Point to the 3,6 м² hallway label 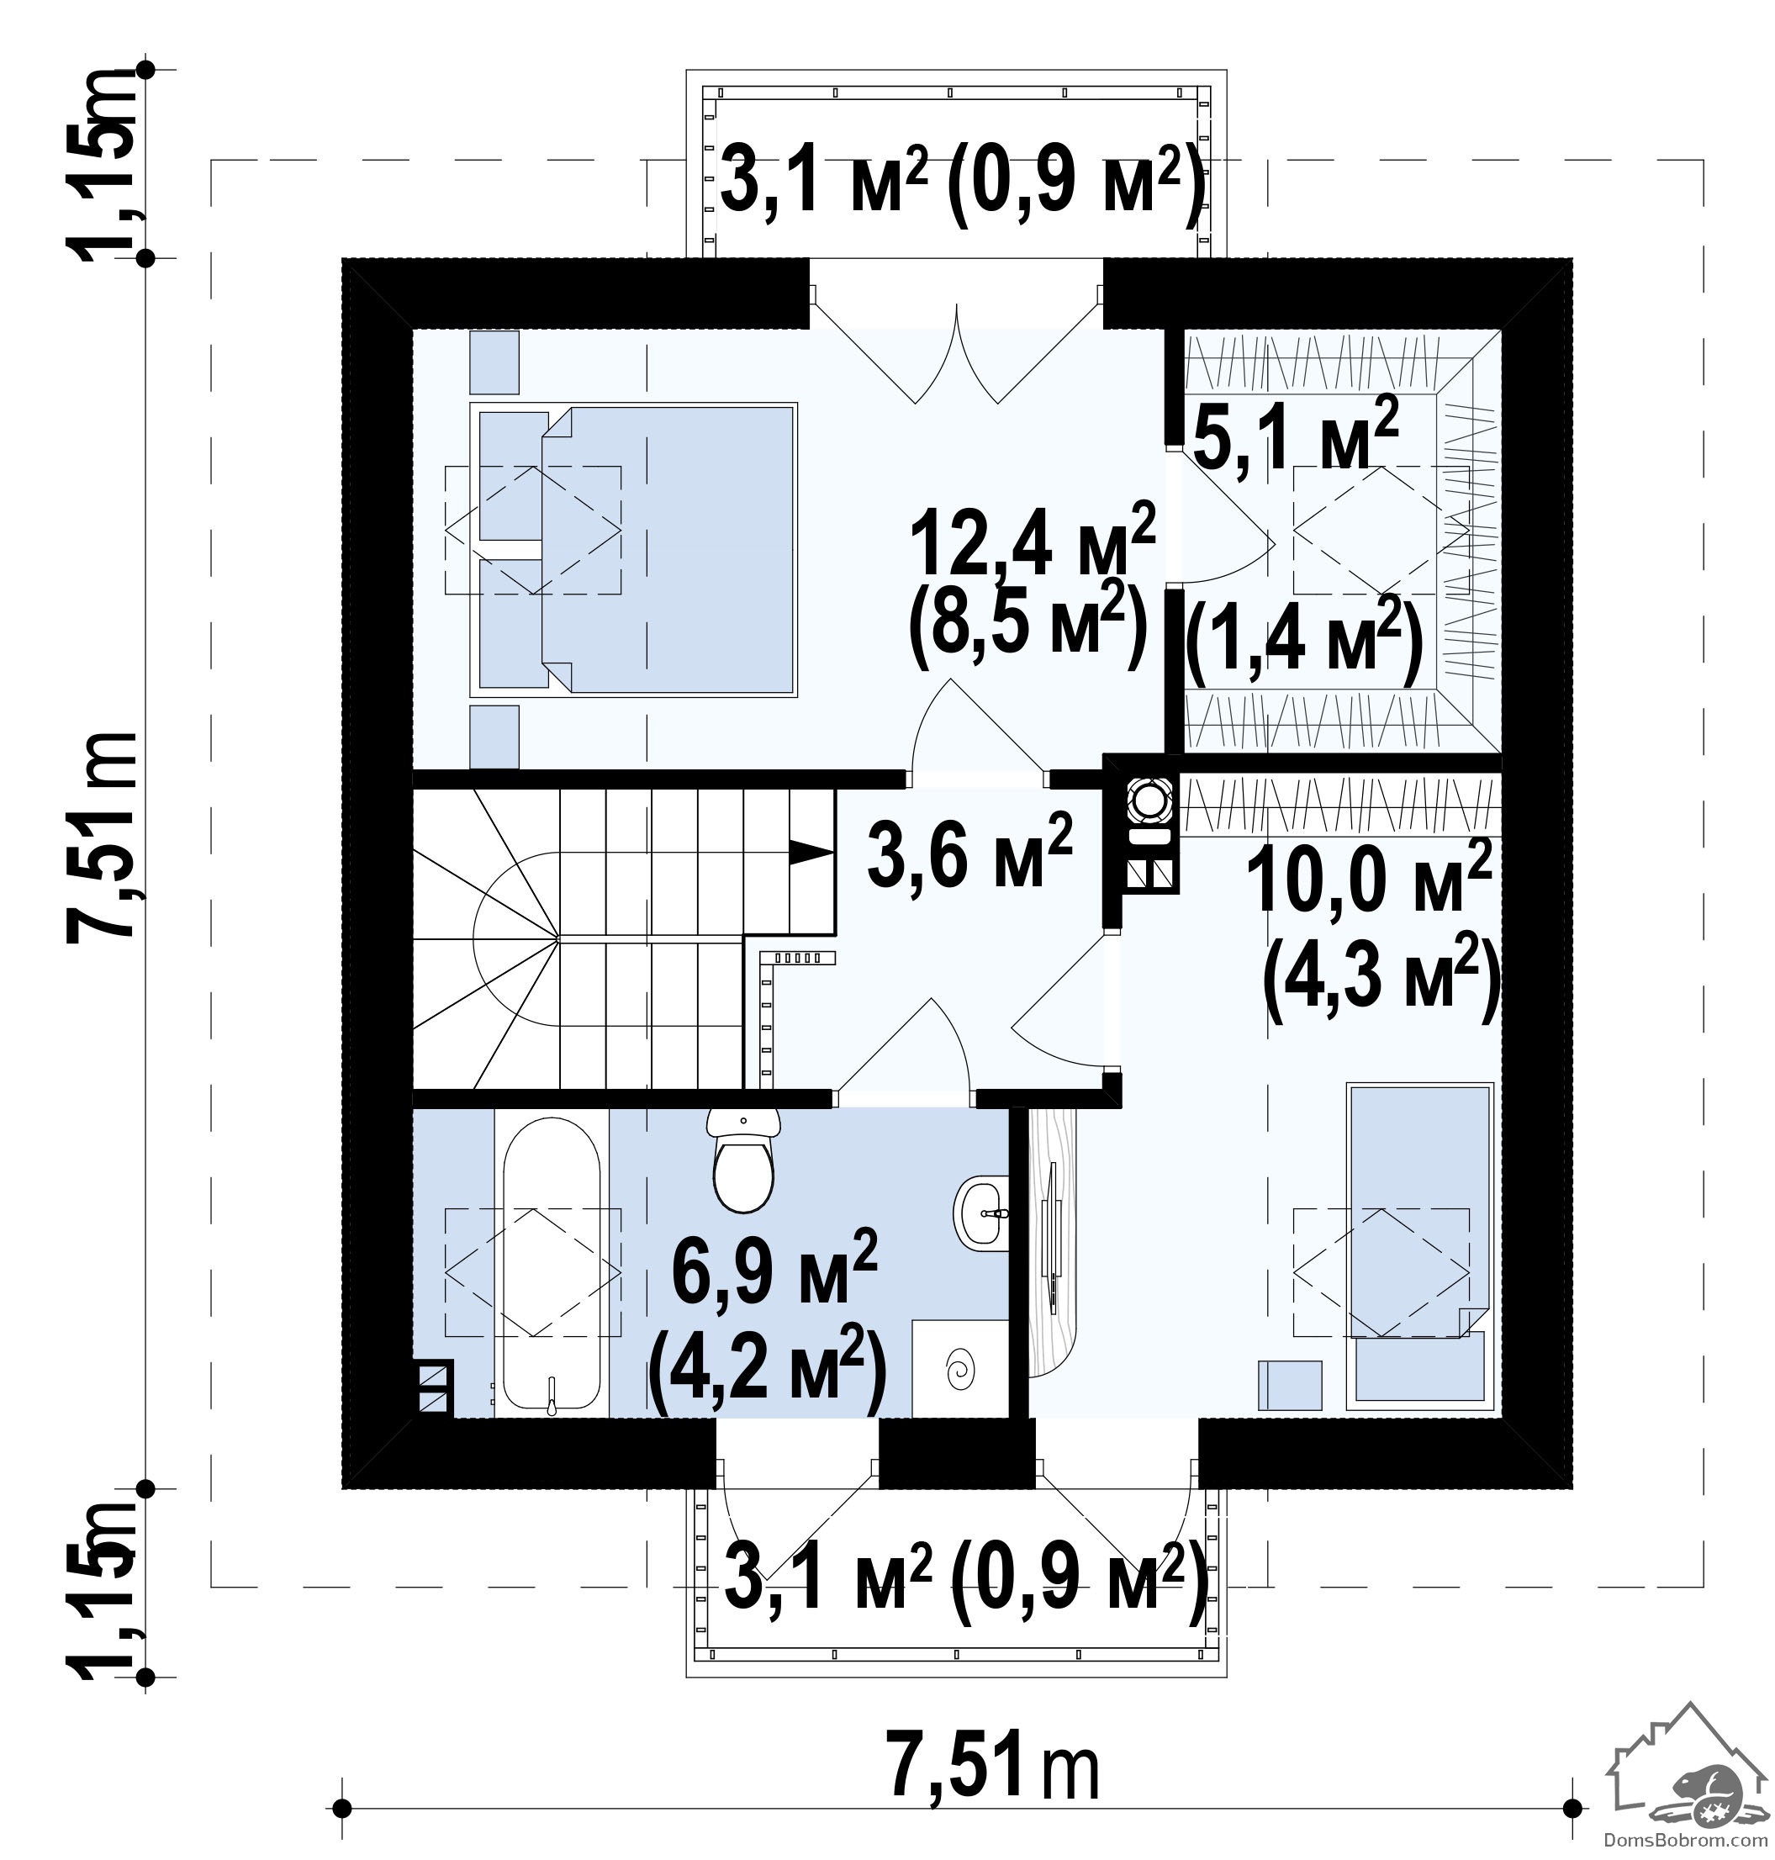pyautogui.click(x=969, y=848)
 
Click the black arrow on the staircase pyautogui.click(x=811, y=853)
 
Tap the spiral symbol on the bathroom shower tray pyautogui.click(x=960, y=1369)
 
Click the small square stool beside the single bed pyautogui.click(x=1290, y=1386)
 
